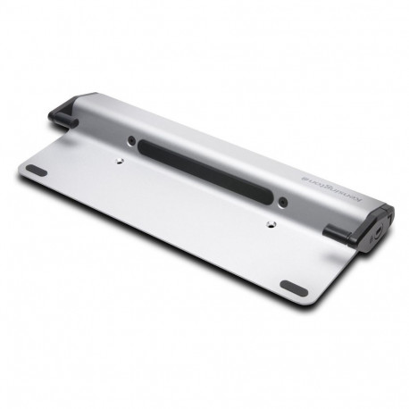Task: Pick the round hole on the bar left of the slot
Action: pos(132,140)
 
